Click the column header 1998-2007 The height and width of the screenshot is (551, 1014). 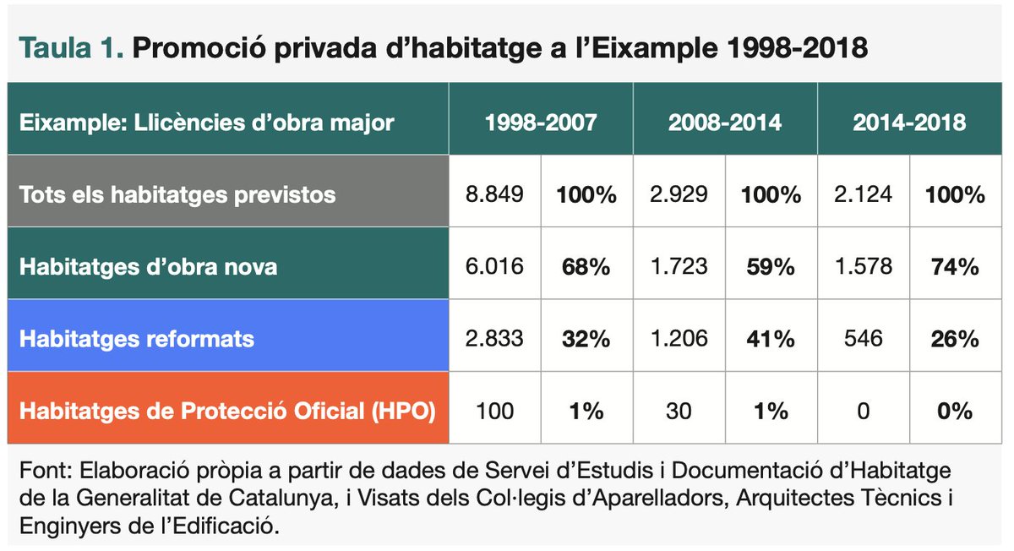[x=541, y=122]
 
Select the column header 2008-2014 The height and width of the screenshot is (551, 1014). [x=725, y=122]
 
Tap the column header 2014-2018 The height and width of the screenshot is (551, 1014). [x=909, y=122]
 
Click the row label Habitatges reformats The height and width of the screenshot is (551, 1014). [x=136, y=339]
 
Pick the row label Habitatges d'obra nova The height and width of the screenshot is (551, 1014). [x=148, y=267]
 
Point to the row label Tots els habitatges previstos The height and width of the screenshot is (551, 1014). [x=177, y=194]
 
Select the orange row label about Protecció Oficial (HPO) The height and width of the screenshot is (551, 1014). [x=227, y=412]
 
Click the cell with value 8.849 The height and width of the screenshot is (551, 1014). [x=494, y=194]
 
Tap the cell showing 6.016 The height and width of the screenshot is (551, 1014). [x=494, y=267]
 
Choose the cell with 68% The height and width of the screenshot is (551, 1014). [x=586, y=267]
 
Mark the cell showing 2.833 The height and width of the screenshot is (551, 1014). [x=494, y=339]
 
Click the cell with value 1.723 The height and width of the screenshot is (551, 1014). [x=679, y=267]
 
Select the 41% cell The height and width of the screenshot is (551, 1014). [x=771, y=339]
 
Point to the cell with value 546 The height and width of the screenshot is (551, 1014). [x=864, y=339]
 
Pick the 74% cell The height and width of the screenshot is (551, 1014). [x=956, y=267]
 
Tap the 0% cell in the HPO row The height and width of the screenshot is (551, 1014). [x=956, y=412]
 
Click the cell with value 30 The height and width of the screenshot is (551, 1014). [x=679, y=412]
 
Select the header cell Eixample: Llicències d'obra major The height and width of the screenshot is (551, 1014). [x=206, y=122]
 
